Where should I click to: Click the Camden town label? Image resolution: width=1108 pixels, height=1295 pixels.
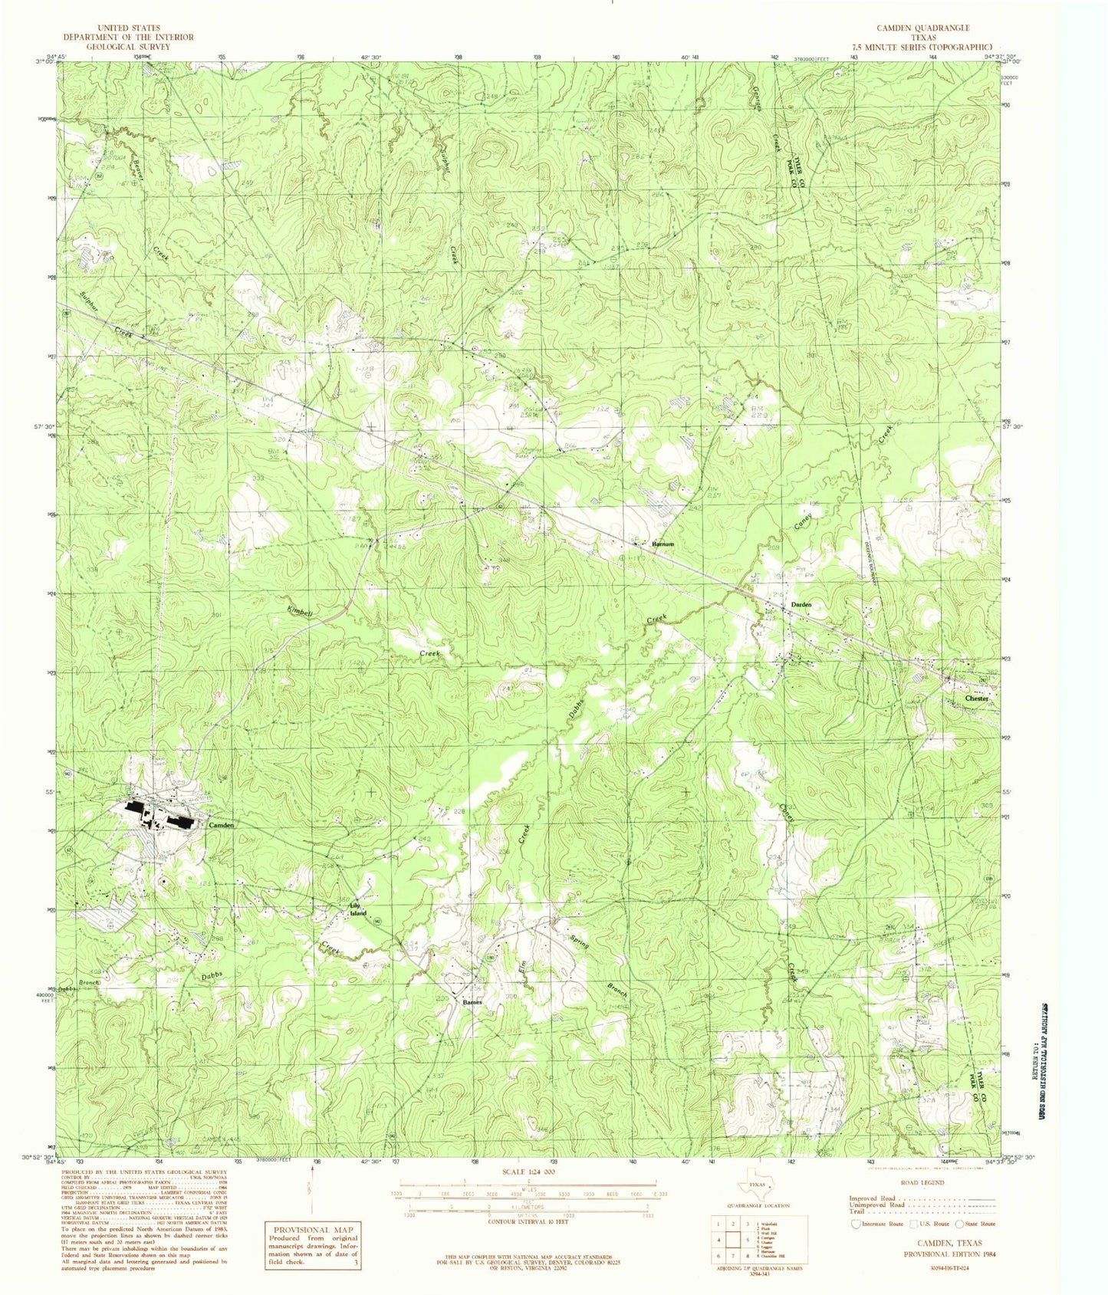tap(221, 825)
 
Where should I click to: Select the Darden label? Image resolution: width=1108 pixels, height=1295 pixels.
tap(801, 605)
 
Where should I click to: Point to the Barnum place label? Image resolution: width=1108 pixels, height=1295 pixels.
tap(662, 544)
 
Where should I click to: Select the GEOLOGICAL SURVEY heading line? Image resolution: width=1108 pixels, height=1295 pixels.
tap(128, 46)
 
